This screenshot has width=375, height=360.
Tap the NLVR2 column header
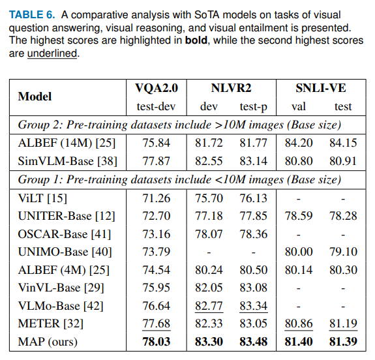pos(230,87)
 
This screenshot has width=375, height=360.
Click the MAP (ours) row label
pos(48,340)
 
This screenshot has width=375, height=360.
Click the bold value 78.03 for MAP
pos(156,340)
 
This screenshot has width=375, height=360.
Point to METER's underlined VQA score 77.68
pos(156,323)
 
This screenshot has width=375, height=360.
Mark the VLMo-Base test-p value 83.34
pos(253,305)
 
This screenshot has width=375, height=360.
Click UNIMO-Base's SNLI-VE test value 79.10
pos(342,251)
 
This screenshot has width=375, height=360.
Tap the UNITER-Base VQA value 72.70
pos(156,215)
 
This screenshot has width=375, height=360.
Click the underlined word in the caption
pos(52,53)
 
